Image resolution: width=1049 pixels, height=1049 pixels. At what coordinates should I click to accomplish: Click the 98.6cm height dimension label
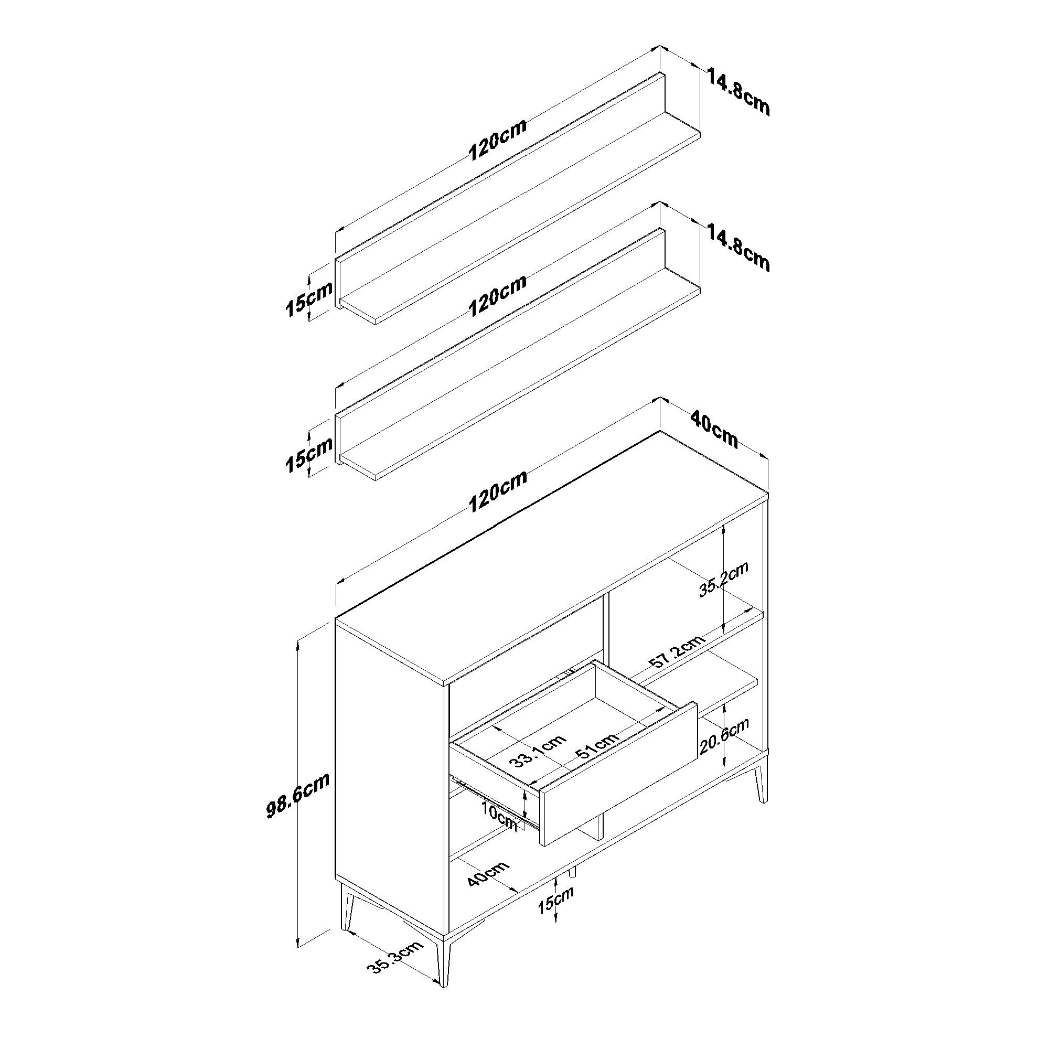point(298,795)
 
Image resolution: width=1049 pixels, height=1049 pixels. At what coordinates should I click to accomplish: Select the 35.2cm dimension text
point(723,580)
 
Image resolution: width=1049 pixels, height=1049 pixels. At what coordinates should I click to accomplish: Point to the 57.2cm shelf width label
point(677,651)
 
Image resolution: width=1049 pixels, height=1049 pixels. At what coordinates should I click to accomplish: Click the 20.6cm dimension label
point(724,736)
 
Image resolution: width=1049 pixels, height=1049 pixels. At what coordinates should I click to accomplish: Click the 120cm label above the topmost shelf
point(497,140)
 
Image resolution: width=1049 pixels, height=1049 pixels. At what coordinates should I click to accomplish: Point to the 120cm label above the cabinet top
point(497,491)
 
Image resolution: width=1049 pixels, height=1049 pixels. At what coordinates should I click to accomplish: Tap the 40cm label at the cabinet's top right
point(714,430)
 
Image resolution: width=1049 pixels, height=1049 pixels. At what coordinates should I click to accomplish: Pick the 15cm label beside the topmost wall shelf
point(308,299)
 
